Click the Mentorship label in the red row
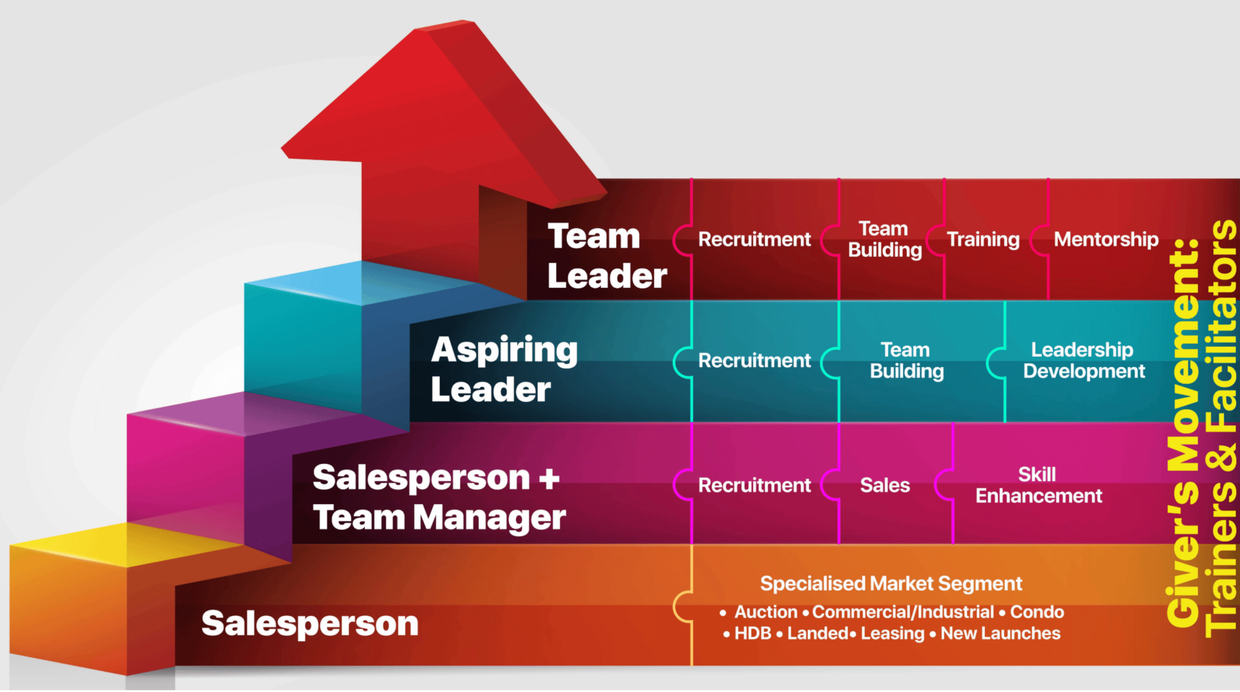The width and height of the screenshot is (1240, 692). (x=1106, y=239)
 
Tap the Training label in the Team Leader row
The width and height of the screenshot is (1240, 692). (x=983, y=239)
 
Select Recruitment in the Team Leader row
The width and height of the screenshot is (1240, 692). (x=754, y=239)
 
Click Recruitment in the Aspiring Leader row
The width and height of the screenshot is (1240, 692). (x=754, y=360)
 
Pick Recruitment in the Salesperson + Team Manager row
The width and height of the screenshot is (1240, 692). (x=754, y=485)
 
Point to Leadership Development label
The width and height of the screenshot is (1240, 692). (x=1083, y=360)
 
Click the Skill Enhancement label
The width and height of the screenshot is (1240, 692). (x=1038, y=485)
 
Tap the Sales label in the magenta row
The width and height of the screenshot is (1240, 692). (x=885, y=485)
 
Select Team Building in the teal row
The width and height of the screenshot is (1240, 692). (x=906, y=360)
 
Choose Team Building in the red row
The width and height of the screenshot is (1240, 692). (x=885, y=239)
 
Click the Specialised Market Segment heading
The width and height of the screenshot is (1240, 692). (x=891, y=583)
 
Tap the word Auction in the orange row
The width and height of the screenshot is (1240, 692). (x=766, y=612)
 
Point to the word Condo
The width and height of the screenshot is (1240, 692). (x=1037, y=612)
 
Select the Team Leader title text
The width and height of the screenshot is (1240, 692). (x=606, y=256)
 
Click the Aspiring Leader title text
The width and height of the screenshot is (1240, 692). (x=503, y=369)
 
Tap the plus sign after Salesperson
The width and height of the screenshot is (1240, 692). (x=549, y=478)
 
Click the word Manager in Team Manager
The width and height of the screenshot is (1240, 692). (x=489, y=518)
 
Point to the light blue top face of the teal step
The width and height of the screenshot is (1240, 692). (x=356, y=282)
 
